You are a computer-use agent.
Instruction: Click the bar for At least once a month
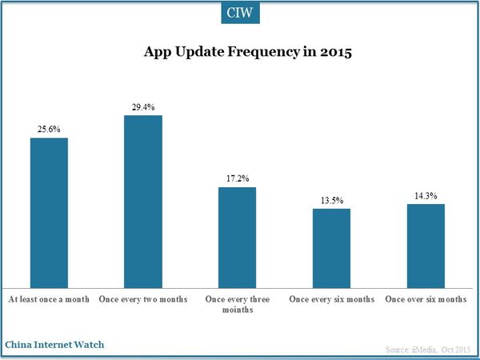[49, 212]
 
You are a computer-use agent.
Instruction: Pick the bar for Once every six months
[331, 247]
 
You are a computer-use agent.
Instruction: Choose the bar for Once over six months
[426, 245]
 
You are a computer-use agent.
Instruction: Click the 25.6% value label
[49, 128]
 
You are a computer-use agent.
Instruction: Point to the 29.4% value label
[143, 106]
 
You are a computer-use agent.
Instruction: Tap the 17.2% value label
[237, 178]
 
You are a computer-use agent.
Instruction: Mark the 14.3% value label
[426, 194]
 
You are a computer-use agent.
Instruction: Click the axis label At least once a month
[49, 299]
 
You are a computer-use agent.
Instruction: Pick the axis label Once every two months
[143, 299]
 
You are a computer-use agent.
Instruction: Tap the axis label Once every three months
[237, 305]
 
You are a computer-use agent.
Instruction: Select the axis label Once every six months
[331, 299]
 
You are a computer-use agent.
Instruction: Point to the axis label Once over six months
[426, 299]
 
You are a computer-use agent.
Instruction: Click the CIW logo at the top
[240, 13]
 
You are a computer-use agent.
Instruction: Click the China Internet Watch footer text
[54, 344]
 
